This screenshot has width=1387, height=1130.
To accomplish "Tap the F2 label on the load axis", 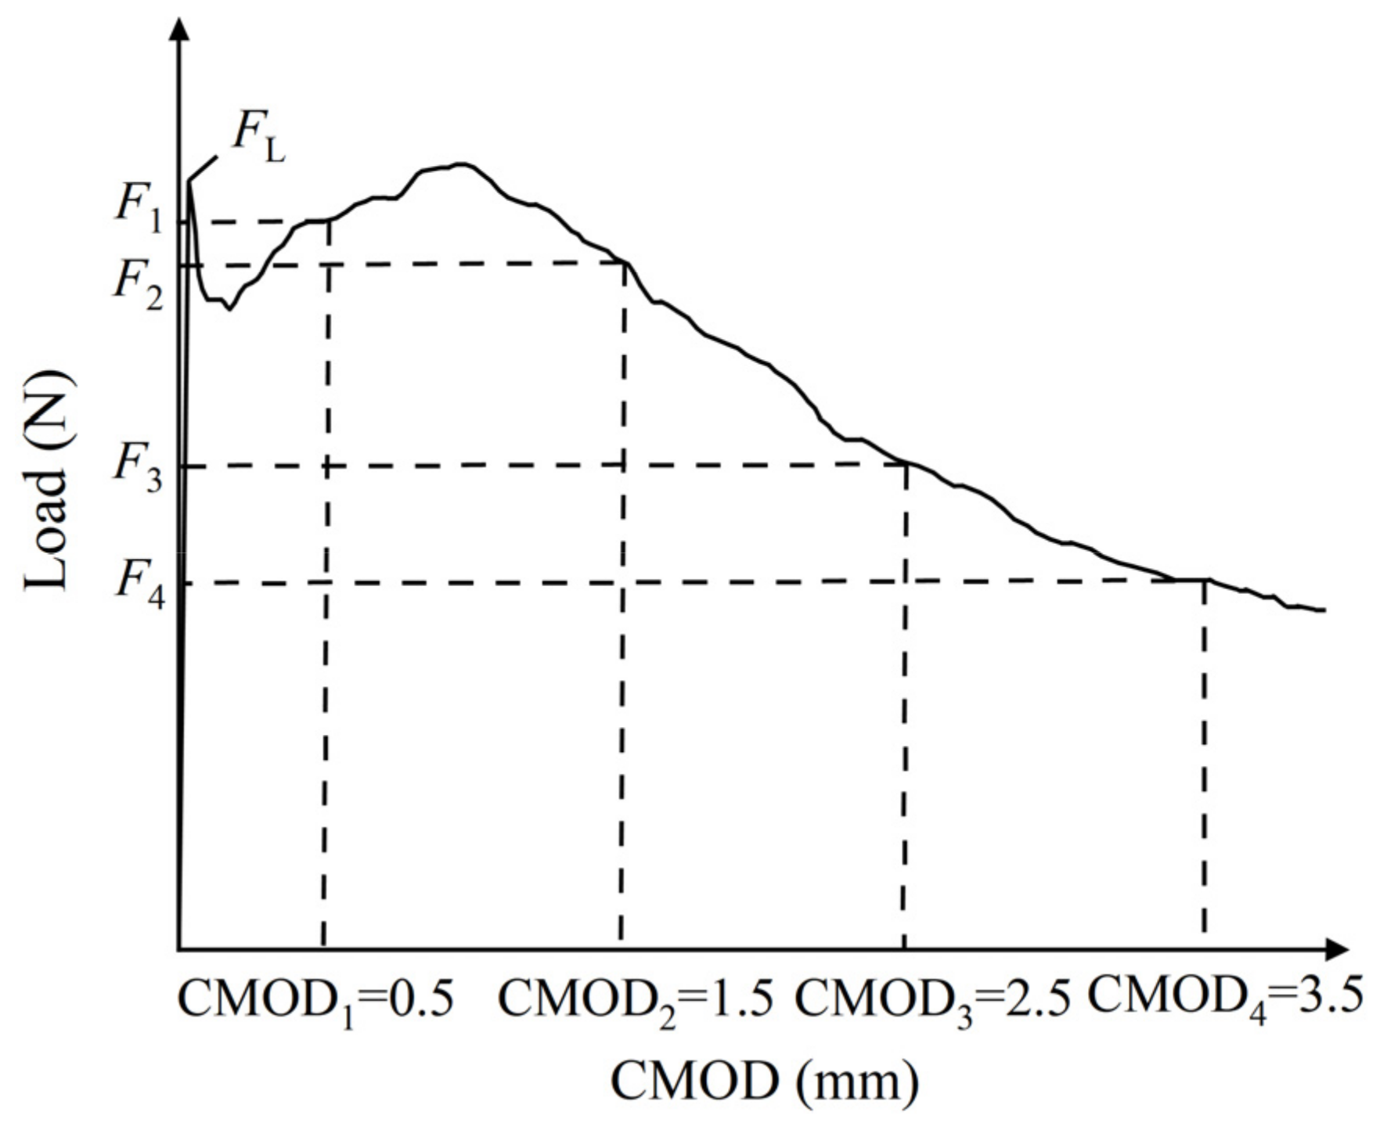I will click(x=139, y=285).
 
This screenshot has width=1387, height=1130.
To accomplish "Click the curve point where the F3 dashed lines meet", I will click(x=906, y=465).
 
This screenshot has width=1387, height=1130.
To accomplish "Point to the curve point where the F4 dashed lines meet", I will click(x=1204, y=580).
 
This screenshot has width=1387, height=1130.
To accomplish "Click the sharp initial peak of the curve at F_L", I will click(x=189, y=182).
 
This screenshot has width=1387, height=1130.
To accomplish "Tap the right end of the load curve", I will click(x=1323, y=610).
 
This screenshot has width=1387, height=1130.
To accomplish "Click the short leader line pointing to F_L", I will click(x=203, y=168).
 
